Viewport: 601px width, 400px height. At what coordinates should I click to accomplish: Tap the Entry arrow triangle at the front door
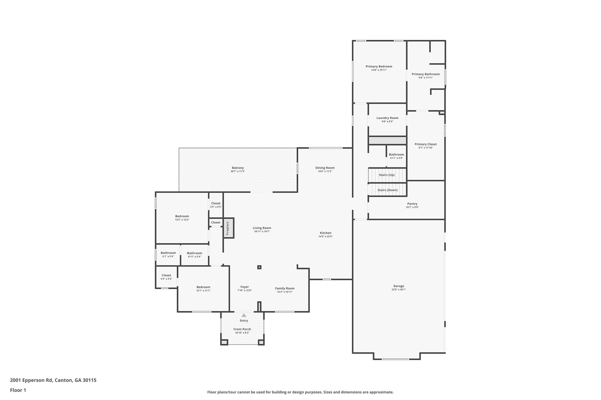click(244, 315)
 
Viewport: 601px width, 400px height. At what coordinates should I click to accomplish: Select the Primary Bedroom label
click(379, 67)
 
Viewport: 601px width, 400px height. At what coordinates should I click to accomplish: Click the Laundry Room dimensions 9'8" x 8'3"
click(387, 122)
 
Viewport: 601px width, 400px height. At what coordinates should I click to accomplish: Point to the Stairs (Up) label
click(386, 175)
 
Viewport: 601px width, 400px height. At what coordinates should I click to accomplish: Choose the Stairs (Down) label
click(387, 190)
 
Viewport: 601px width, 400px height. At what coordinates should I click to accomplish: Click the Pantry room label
click(412, 204)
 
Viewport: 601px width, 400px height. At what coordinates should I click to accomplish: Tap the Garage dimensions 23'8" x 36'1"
click(399, 290)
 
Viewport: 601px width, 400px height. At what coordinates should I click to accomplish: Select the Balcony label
click(238, 168)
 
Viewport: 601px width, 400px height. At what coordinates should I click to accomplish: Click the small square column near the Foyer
click(259, 267)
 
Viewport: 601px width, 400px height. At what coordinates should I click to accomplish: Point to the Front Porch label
click(242, 329)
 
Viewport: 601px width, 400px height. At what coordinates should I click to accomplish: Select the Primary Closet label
click(426, 144)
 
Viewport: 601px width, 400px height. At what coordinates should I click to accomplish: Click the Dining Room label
click(325, 168)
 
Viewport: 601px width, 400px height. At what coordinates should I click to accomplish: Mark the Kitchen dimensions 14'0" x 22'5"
click(325, 236)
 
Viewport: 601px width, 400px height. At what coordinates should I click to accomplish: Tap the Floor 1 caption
click(18, 390)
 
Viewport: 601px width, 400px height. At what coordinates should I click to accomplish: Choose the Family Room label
click(285, 288)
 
